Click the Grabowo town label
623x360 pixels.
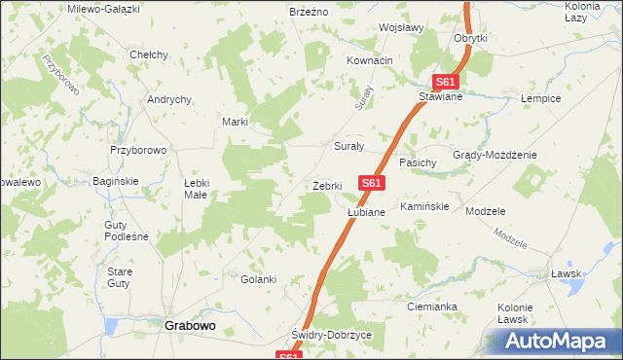(x=189, y=326)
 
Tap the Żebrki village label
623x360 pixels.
(x=326, y=185)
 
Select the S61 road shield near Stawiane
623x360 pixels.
(x=446, y=83)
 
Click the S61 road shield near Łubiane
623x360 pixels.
(x=372, y=182)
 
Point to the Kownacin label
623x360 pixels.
(x=370, y=60)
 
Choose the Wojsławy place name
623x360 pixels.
(x=400, y=27)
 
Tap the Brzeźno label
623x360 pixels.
(x=309, y=11)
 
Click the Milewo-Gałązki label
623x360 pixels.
(x=104, y=8)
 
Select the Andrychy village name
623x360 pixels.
(x=168, y=99)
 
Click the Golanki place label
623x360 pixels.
(x=259, y=279)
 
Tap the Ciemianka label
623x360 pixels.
(x=432, y=306)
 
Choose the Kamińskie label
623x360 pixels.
(x=423, y=206)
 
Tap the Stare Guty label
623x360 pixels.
(x=119, y=276)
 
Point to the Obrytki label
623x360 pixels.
(x=470, y=38)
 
